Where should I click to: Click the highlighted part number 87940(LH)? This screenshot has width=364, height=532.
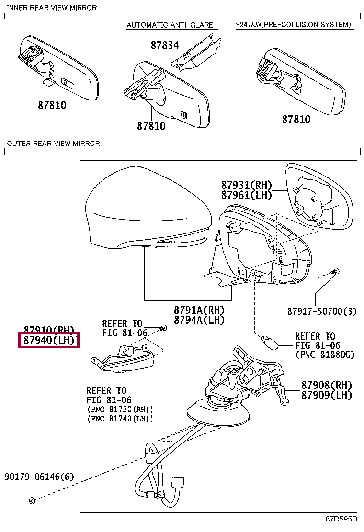pyautogui.click(x=49, y=341)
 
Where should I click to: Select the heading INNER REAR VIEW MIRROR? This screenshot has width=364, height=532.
pyautogui.click(x=52, y=8)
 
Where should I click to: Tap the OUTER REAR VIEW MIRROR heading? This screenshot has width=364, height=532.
pyautogui.click(x=53, y=143)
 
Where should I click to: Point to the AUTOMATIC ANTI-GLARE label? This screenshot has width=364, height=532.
pyautogui.click(x=169, y=25)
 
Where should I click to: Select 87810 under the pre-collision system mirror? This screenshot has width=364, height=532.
pyautogui.click(x=296, y=120)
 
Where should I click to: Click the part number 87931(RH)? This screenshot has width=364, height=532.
pyautogui.click(x=246, y=185)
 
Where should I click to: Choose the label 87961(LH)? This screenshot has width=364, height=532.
pyautogui.click(x=246, y=195)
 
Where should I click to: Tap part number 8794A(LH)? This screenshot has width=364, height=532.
pyautogui.click(x=199, y=320)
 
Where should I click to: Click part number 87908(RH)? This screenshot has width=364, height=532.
pyautogui.click(x=327, y=385)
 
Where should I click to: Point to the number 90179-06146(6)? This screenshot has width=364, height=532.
pyautogui.click(x=40, y=477)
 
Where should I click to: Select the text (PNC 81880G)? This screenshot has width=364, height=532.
pyautogui.click(x=325, y=355)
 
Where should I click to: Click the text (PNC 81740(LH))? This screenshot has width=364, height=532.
pyautogui.click(x=120, y=419)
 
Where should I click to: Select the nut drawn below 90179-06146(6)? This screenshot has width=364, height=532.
pyautogui.click(x=33, y=500)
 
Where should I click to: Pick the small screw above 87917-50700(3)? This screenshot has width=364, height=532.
pyautogui.click(x=336, y=271)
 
